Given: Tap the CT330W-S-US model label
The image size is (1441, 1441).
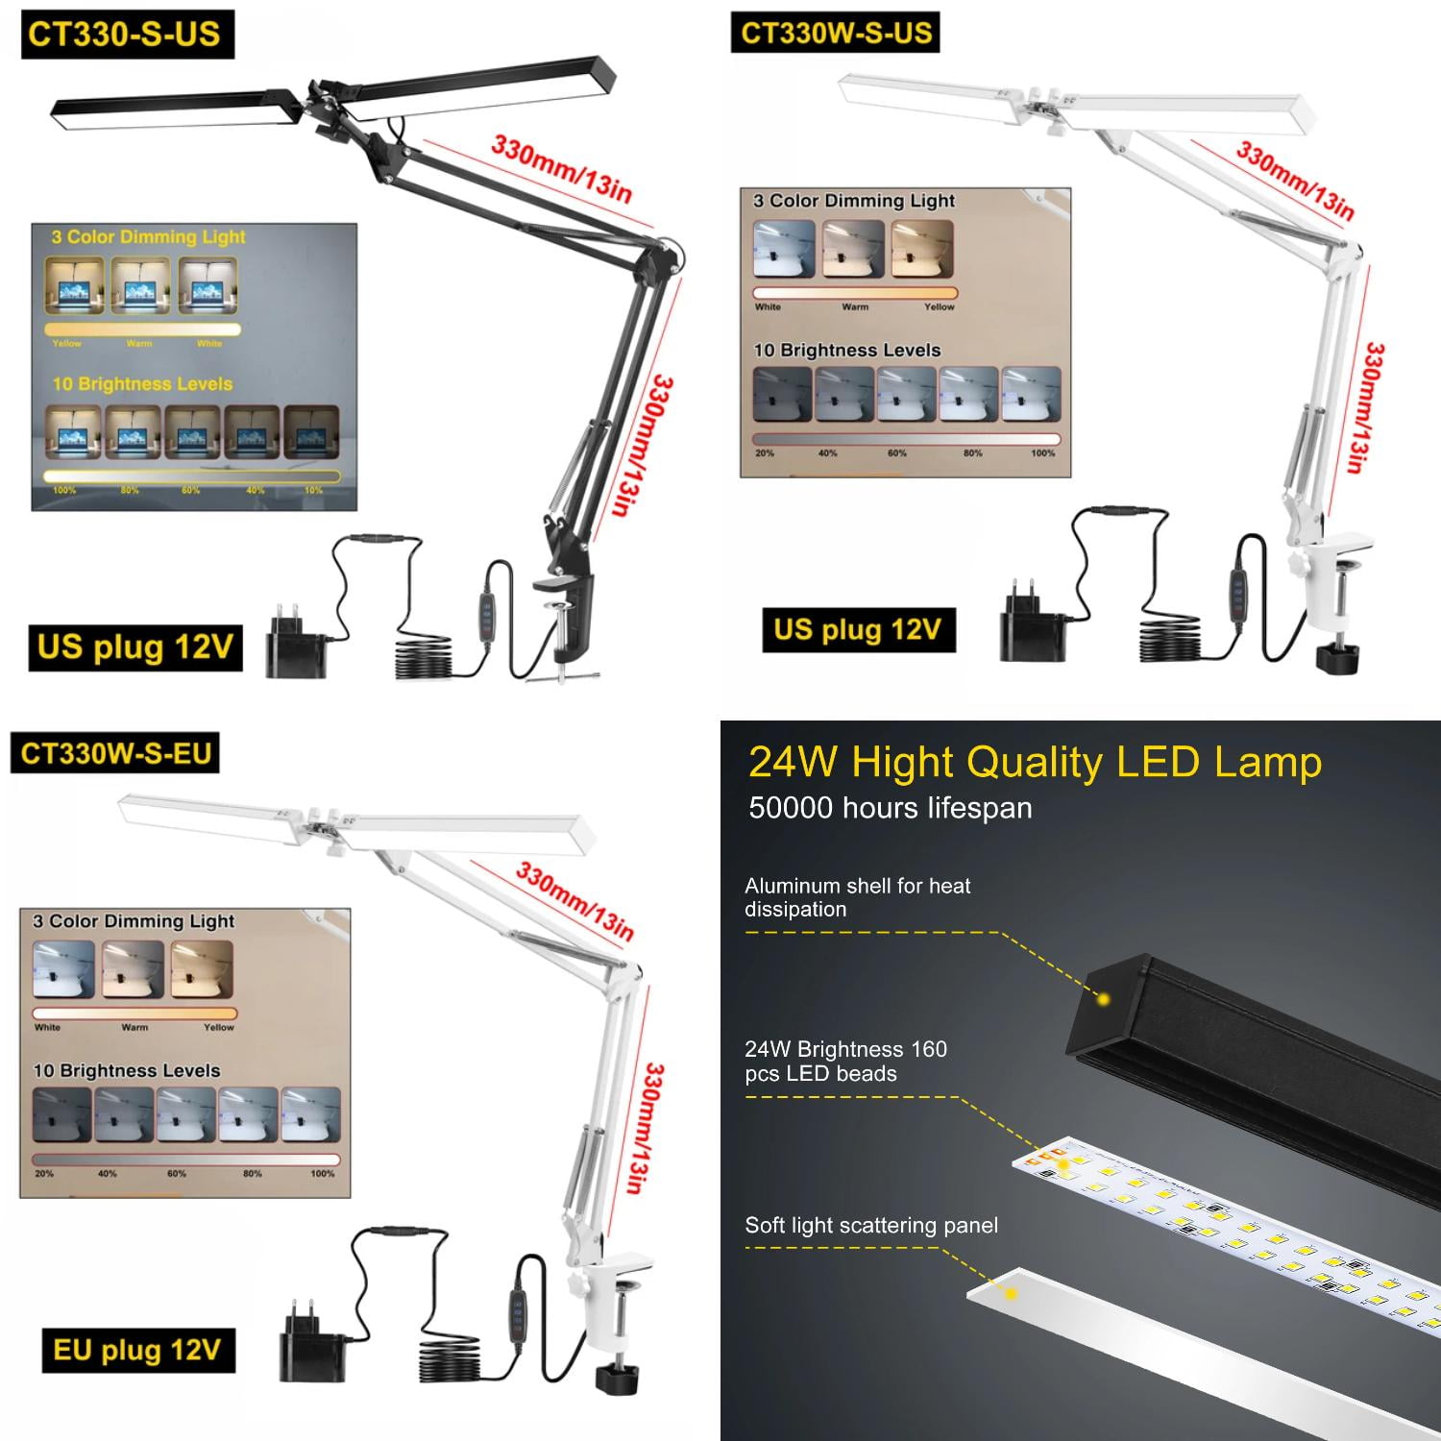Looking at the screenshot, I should coord(836,33).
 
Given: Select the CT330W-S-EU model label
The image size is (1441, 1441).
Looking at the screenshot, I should coord(115,753).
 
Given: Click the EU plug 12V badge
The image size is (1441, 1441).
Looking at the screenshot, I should coord(137,1350).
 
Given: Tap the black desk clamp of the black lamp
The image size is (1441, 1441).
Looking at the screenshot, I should coord(568,615).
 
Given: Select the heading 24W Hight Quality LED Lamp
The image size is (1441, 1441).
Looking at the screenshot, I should coord(1035,763).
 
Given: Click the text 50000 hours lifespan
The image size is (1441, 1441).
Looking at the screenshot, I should coord(890,808).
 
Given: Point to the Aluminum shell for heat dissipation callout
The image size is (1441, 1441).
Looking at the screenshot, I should coord(857,897).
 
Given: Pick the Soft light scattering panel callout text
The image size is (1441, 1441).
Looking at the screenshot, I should coord(870,1226).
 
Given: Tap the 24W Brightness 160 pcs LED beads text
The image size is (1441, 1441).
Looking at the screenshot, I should coord(845,1062).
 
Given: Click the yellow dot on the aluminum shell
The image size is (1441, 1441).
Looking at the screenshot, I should coord(1103,1000).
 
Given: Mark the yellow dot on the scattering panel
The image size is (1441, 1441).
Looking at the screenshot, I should coord(1011,1294).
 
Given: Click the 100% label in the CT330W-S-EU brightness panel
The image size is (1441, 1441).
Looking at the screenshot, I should coord(323,1173).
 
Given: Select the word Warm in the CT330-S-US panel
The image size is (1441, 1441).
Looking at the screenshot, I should coord(138,343).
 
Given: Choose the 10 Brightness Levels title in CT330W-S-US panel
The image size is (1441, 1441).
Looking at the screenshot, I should coord(846,351).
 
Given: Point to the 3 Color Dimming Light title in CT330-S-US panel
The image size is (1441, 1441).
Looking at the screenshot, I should coord(148,237).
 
